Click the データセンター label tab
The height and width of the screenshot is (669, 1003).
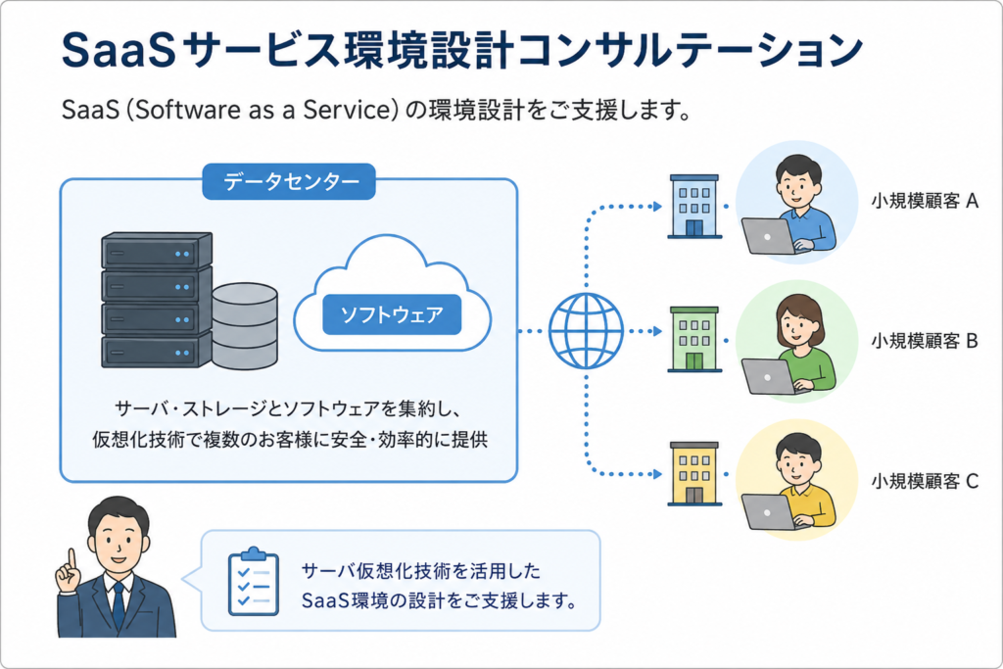(x=289, y=181)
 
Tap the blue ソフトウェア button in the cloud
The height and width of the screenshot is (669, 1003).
(x=392, y=314)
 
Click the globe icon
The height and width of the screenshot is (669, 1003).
(x=586, y=331)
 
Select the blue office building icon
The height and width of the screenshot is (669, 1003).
(x=694, y=206)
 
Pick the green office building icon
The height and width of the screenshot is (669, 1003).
(x=694, y=339)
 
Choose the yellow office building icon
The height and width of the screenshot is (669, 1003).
(x=694, y=473)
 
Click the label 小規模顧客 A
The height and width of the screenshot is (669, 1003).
(x=925, y=202)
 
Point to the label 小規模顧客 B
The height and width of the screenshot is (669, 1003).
(x=925, y=341)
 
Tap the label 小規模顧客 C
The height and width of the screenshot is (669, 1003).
(x=925, y=480)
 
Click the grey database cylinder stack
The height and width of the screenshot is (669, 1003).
(x=245, y=326)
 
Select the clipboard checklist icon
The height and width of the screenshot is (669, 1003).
(x=254, y=582)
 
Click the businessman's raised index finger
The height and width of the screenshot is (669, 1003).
(x=72, y=558)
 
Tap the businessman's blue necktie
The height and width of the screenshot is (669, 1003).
(x=119, y=605)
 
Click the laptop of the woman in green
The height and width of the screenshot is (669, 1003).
(x=770, y=376)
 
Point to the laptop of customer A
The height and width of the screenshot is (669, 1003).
(x=770, y=236)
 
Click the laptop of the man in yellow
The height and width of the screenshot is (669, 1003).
(x=770, y=511)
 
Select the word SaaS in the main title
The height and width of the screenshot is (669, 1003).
(x=119, y=50)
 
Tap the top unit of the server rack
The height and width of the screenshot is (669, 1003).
(x=157, y=251)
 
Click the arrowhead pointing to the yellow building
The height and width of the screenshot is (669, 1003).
(x=657, y=474)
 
